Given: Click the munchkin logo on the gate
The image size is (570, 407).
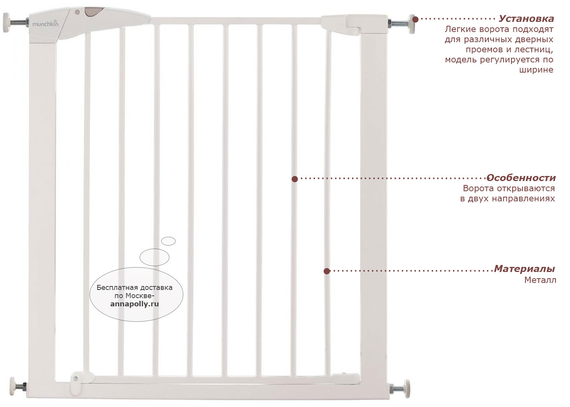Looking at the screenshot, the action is tap(45, 24).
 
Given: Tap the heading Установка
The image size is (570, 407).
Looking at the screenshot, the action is tap(526, 19).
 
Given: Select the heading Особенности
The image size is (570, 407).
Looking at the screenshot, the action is tap(521, 178).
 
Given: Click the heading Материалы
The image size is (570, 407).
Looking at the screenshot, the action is tap(524, 268).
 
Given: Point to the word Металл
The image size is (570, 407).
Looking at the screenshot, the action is tap(540, 280).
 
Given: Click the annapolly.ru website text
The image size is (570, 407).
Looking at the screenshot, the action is tap(134, 304).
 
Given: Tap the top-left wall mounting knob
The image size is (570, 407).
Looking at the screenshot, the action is tap(6, 22).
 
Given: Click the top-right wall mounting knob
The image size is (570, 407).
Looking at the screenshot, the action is tap(411, 24).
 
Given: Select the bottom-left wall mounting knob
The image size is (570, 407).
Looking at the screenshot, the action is tap(13, 386).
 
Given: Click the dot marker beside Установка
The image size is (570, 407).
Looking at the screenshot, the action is tap(415, 20).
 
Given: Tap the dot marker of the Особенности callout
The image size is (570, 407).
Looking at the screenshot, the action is tap(295, 179).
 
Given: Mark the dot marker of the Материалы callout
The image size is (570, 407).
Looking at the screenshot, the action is tap(327, 271).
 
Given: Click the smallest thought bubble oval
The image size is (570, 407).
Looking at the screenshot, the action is tap(168, 241).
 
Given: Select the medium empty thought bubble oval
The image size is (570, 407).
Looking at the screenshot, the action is tap(155, 257).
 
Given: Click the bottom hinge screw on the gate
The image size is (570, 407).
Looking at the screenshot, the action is tap(76, 379).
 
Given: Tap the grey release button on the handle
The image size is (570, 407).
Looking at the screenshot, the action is tap(94, 12).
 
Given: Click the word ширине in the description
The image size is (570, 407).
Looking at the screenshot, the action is tap(536, 70).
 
